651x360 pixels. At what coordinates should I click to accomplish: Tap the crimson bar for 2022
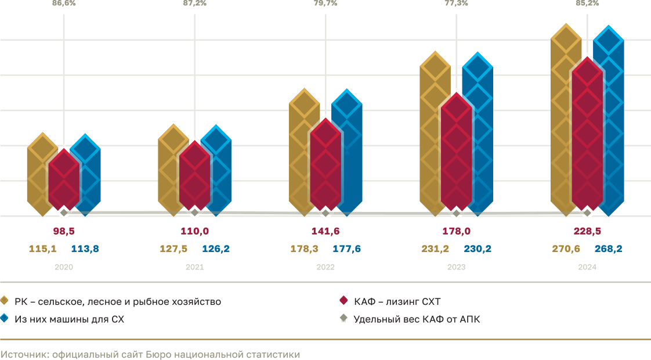tap(325, 165)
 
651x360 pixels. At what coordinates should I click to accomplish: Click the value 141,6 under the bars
tap(325, 231)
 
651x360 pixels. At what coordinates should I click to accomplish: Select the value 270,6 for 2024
tap(566, 249)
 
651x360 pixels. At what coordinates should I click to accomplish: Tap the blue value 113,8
tap(85, 249)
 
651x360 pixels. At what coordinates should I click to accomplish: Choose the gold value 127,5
tap(173, 249)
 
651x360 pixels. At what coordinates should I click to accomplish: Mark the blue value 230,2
tap(478, 249)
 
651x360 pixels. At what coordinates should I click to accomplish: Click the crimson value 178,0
tap(456, 231)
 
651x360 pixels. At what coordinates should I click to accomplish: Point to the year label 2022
tap(325, 268)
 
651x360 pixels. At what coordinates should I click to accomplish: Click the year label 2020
tap(64, 268)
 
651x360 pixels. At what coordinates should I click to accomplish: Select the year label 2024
tap(587, 268)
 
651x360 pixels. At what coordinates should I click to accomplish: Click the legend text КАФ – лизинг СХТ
tap(397, 301)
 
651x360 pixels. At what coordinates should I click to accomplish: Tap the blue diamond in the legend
tap(4, 318)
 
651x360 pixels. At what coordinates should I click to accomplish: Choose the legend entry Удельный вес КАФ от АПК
tap(417, 319)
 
